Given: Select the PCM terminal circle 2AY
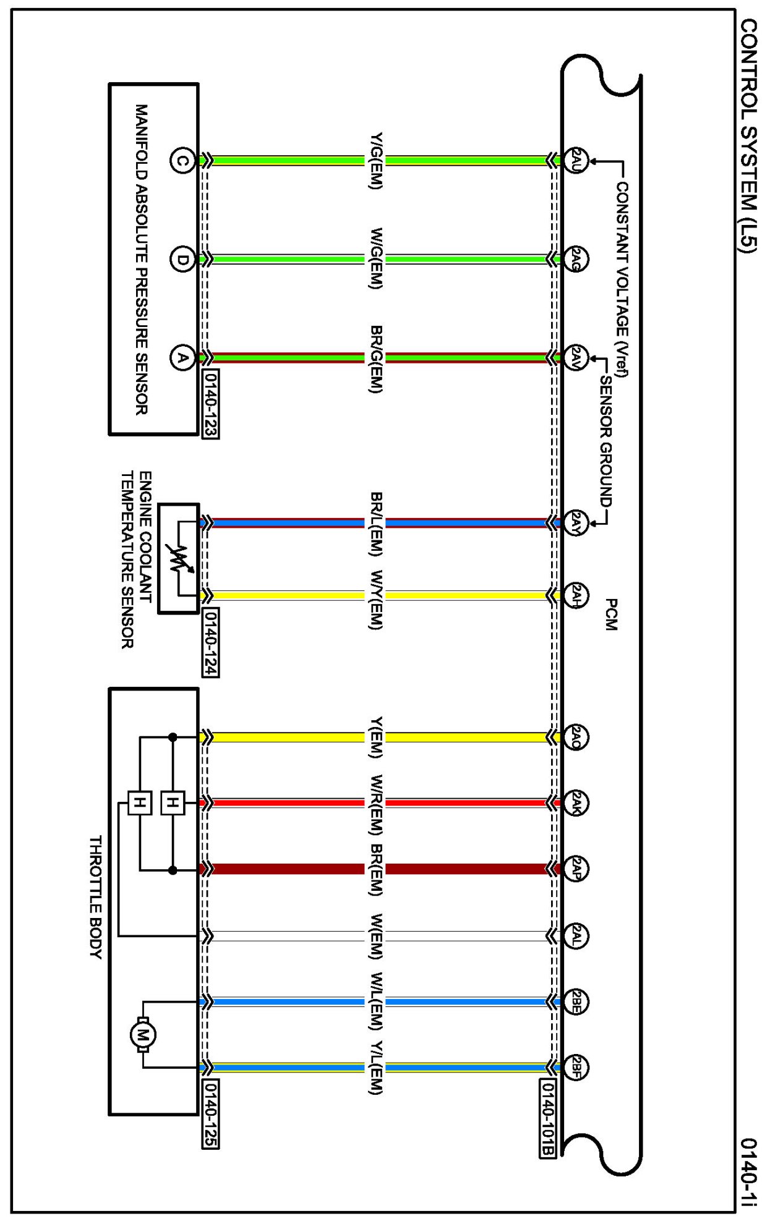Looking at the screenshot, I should click(575, 523).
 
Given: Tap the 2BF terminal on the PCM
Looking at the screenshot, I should click(575, 1068).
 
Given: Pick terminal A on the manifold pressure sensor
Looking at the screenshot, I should click(182, 358).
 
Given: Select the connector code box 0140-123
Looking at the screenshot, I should click(210, 404).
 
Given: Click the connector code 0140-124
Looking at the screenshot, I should click(210, 642).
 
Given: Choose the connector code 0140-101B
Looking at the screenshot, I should click(547, 1118).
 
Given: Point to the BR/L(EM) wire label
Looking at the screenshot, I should click(375, 523).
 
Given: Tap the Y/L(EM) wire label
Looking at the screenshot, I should click(375, 1068).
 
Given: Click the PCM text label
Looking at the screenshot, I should click(611, 614).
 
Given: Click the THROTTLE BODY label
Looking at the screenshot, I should click(95, 896).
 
